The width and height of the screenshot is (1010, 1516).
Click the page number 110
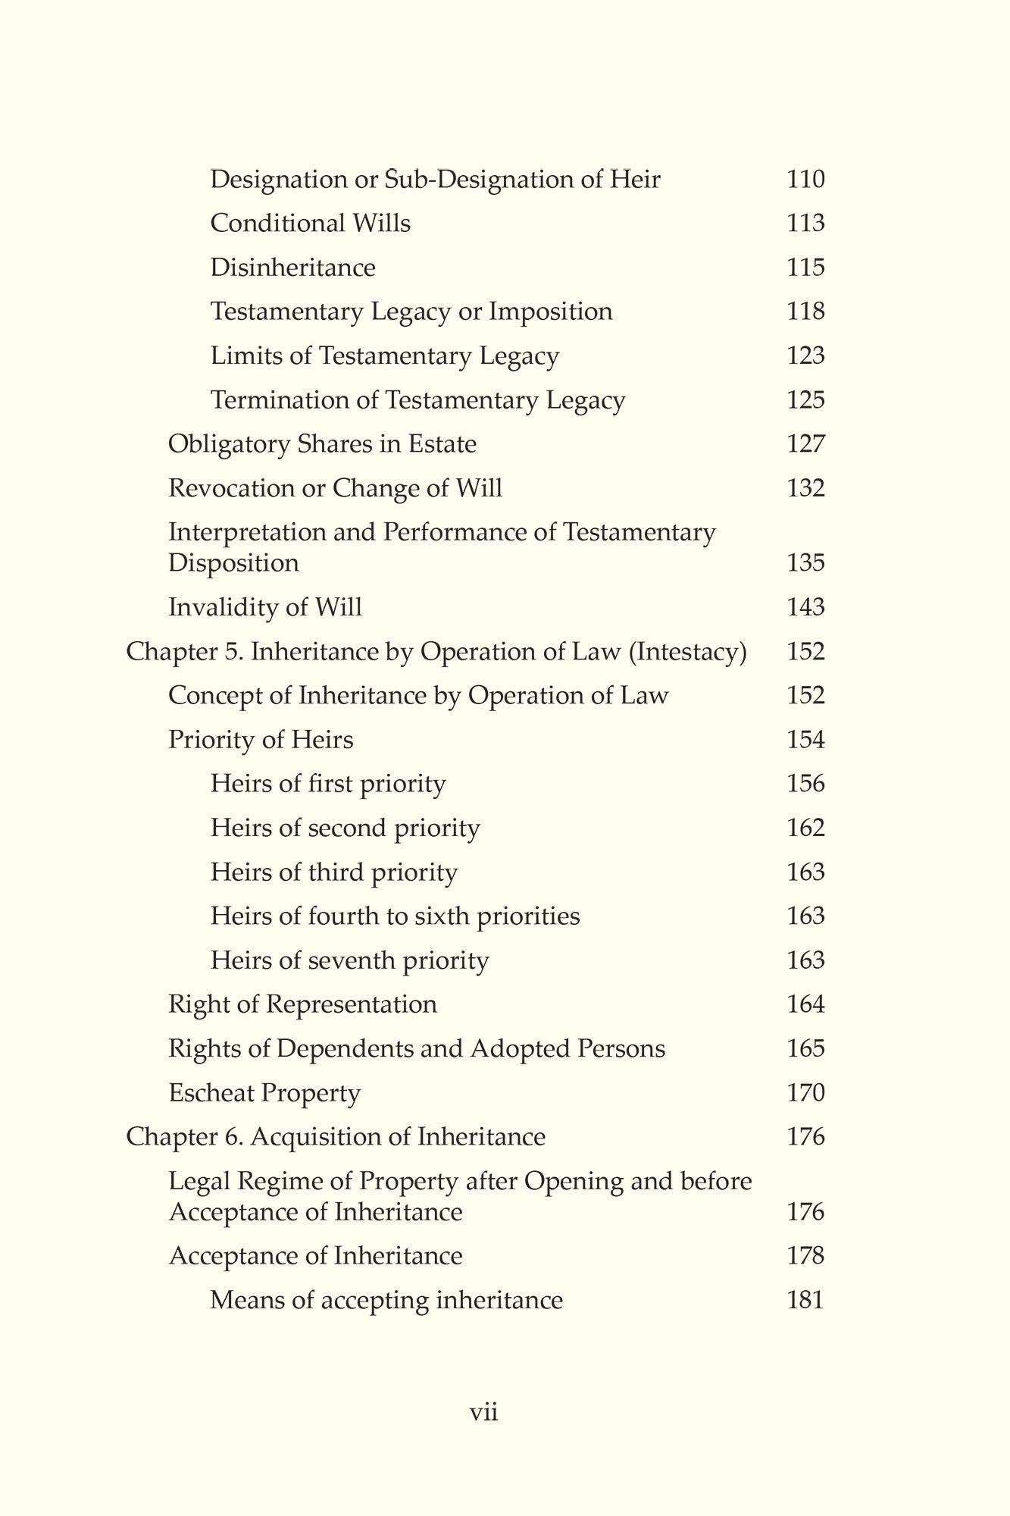(805, 180)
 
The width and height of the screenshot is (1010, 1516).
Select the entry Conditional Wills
(310, 224)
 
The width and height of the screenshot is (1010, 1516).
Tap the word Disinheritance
(292, 268)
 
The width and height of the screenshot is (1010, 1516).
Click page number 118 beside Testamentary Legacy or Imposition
(805, 312)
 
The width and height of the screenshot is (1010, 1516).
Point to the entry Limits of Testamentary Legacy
(384, 356)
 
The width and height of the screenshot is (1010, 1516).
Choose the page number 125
(805, 399)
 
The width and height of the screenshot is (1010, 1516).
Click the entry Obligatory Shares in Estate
(322, 443)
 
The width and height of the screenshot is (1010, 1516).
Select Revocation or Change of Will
(335, 487)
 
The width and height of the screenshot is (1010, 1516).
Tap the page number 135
(805, 563)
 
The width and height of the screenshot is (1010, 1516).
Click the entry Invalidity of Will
(265, 607)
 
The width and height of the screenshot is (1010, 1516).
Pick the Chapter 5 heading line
(436, 652)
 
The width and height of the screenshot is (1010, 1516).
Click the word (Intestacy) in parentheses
(688, 652)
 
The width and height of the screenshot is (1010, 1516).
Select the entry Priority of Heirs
(261, 739)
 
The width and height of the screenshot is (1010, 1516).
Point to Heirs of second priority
(345, 828)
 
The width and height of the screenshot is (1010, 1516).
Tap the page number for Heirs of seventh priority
(805, 960)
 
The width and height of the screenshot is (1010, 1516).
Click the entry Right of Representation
(302, 1004)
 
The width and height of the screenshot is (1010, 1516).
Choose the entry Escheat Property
(264, 1093)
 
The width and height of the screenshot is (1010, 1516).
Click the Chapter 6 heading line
(336, 1137)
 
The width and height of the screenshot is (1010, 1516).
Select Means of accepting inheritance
(386, 1301)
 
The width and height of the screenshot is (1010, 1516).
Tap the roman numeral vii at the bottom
(484, 1413)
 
